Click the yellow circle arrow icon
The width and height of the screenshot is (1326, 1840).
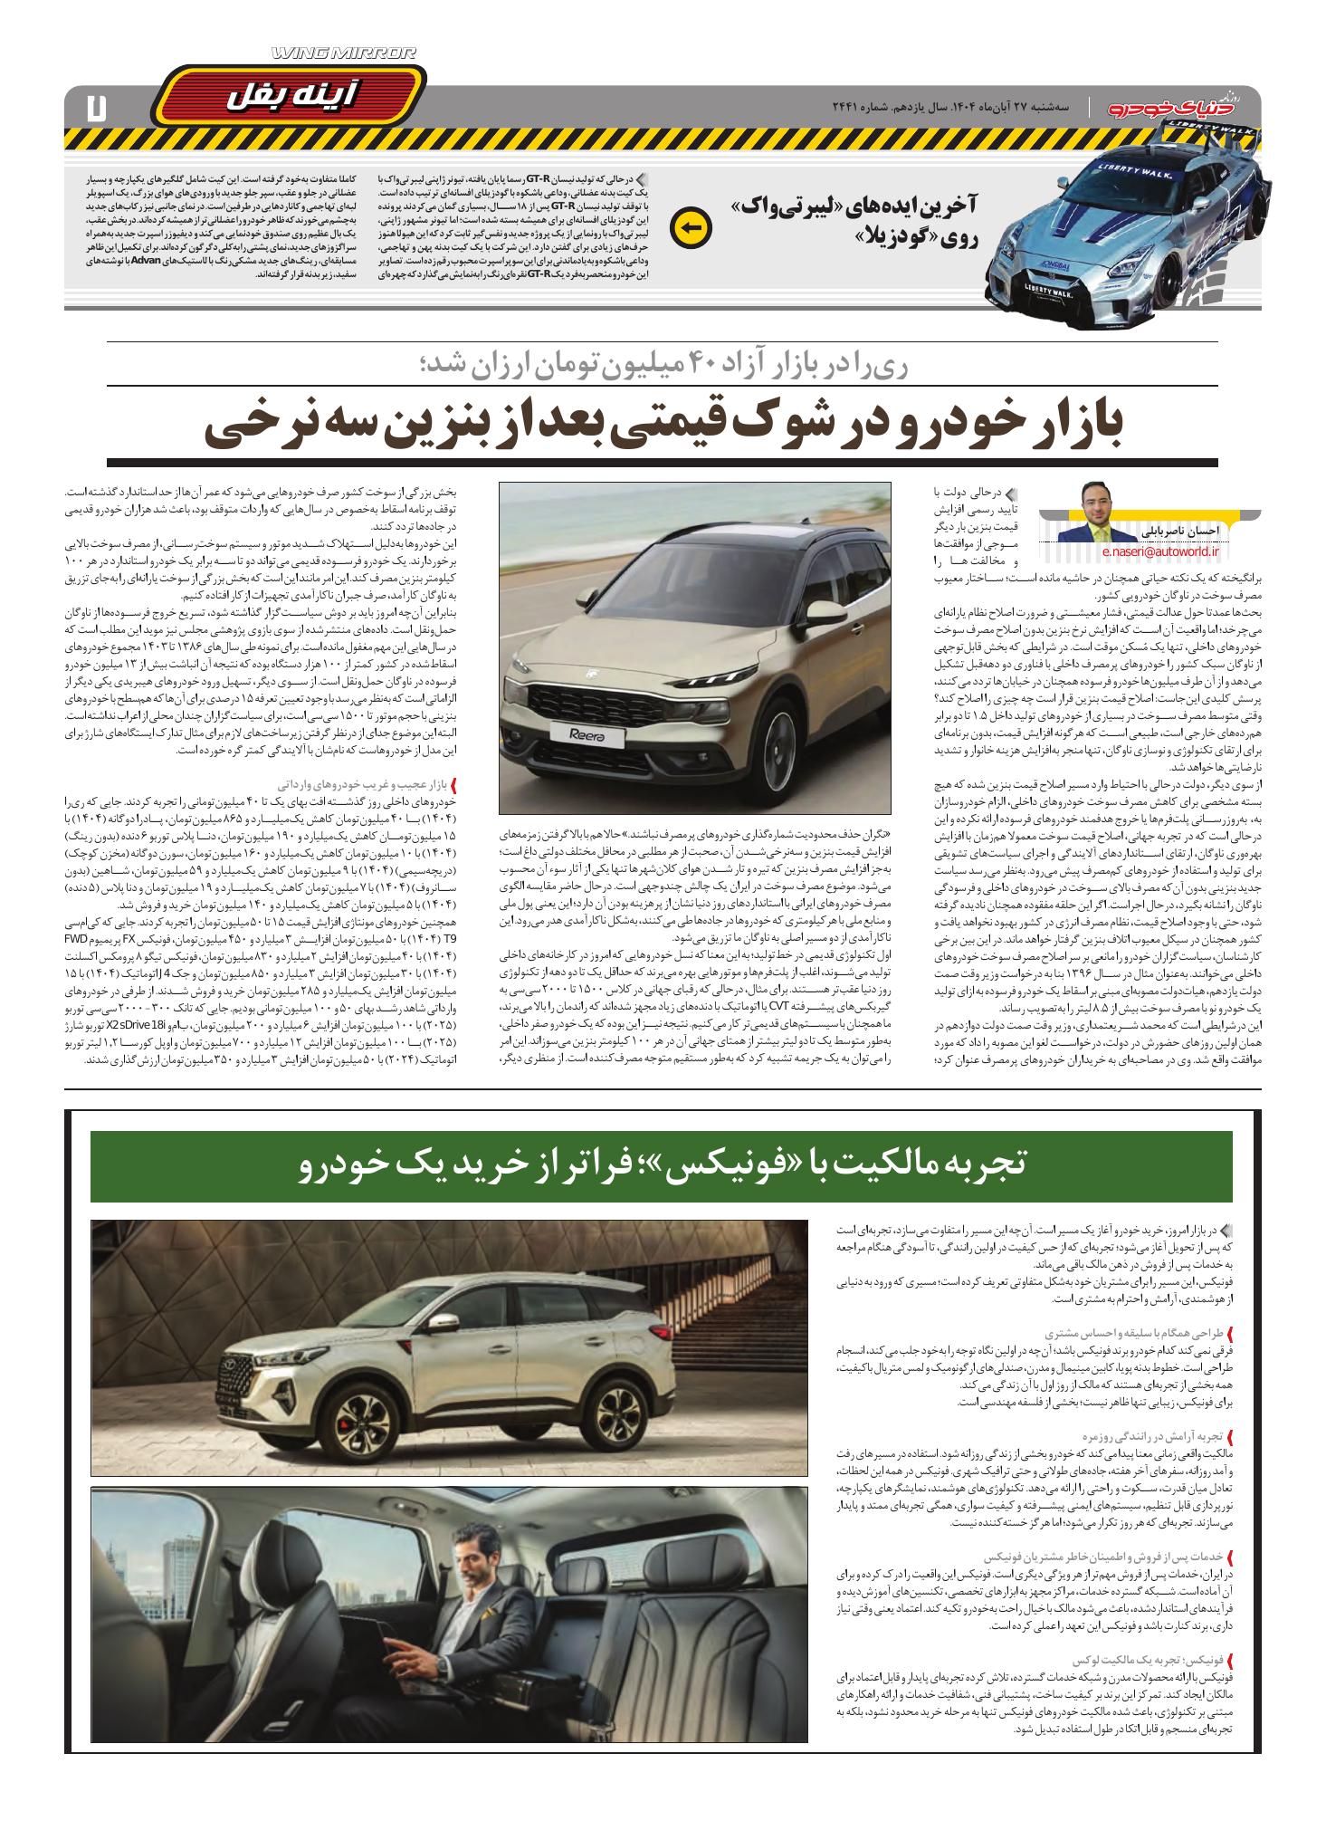tap(691, 227)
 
